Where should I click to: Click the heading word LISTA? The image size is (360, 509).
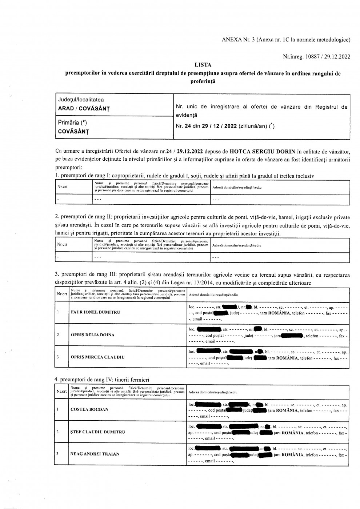(x=203, y=65)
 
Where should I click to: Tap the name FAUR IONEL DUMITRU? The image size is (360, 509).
(x=95, y=312)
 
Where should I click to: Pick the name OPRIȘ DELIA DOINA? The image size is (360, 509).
(x=93, y=335)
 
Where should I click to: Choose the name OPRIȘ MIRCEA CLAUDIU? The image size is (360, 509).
(x=97, y=357)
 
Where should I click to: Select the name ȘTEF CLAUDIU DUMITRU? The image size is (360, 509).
(x=97, y=432)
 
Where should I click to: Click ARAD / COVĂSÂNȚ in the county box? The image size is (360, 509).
(x=84, y=109)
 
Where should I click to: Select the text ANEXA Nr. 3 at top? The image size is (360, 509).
(x=238, y=40)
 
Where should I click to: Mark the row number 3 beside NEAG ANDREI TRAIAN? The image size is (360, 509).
(x=58, y=454)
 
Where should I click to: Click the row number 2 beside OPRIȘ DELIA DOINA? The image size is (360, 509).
(x=58, y=335)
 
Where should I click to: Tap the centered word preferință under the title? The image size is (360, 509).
(x=203, y=81)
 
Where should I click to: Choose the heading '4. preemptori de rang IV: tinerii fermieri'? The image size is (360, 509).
(x=102, y=380)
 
